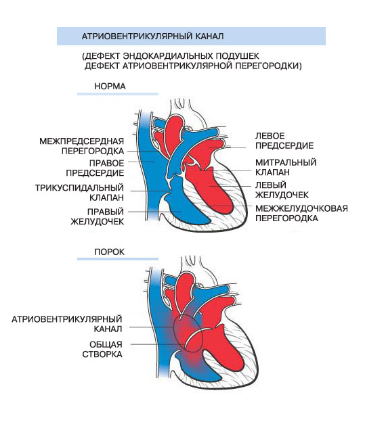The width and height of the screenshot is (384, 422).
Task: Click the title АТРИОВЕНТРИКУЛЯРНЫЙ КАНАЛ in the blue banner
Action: (x=152, y=37)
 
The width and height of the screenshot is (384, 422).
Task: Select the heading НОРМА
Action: (x=110, y=87)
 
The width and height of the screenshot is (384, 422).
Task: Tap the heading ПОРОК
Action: (x=110, y=252)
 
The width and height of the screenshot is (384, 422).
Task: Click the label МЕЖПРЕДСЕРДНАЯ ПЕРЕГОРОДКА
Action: (x=82, y=146)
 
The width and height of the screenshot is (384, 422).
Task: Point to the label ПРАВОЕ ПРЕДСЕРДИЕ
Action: (x=95, y=168)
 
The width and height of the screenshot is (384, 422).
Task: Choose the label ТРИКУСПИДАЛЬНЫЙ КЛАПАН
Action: (x=79, y=193)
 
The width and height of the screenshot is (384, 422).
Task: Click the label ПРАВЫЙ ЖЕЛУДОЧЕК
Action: (x=98, y=216)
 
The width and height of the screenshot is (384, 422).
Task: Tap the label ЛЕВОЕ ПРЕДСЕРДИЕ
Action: (x=284, y=141)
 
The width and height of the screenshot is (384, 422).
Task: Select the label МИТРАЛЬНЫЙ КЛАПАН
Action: (x=286, y=167)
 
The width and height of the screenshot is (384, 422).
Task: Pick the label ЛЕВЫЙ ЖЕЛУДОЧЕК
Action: (x=282, y=190)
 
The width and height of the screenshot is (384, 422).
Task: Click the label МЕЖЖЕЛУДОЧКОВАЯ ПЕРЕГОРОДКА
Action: (x=302, y=213)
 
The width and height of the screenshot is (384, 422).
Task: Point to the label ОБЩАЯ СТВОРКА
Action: (x=102, y=349)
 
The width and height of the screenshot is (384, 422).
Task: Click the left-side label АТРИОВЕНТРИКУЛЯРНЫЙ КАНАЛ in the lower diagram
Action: (x=67, y=324)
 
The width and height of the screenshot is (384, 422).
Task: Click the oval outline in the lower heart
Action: (x=173, y=333)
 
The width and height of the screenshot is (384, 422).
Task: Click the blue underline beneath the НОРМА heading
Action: (x=118, y=94)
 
